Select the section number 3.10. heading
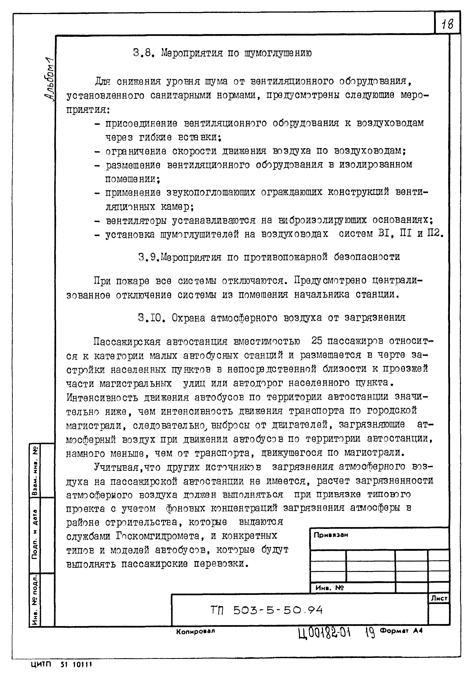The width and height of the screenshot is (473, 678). click(151, 318)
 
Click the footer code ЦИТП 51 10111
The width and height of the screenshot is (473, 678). click(62, 665)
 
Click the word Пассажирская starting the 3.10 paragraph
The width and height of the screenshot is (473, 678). click(127, 342)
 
